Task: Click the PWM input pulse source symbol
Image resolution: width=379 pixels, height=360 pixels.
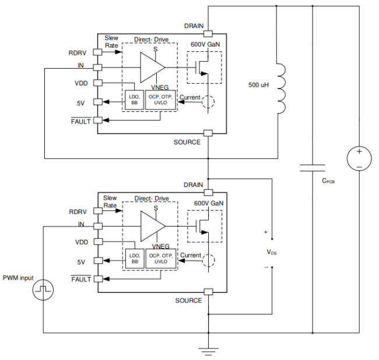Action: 43,289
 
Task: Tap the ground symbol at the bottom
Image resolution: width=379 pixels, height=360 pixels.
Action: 208,351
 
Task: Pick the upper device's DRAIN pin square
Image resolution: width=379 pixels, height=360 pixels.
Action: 208,34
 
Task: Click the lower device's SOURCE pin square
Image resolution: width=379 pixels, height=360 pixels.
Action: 208,292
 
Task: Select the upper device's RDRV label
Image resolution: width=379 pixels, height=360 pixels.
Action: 78,52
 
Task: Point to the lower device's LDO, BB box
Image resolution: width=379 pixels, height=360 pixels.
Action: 134,258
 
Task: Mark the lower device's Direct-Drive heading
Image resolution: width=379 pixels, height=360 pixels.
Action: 152,199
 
